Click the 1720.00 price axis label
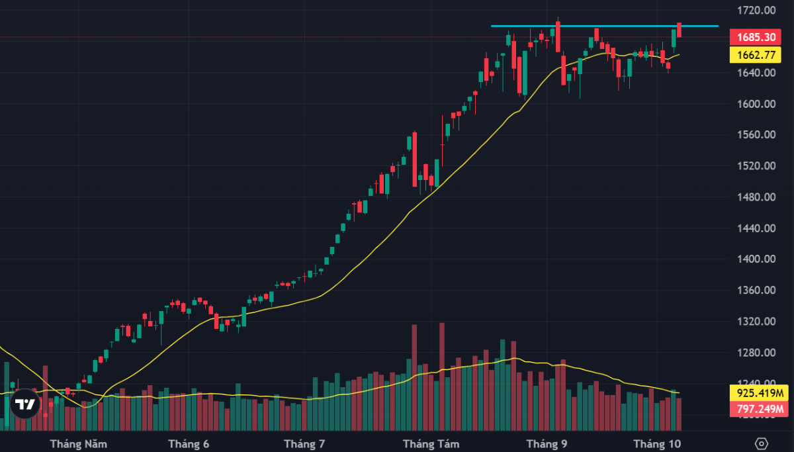pyautogui.click(x=757, y=11)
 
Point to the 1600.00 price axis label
pyautogui.click(x=757, y=104)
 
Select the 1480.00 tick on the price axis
pyautogui.click(x=757, y=197)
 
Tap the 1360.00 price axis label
pyautogui.click(x=757, y=291)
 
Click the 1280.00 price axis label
pyautogui.click(x=757, y=353)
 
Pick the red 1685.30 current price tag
pyautogui.click(x=753, y=37)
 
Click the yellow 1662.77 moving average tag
pyautogui.click(x=753, y=55)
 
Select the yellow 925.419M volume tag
pyautogui.click(x=753, y=393)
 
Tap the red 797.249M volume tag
pyautogui.click(x=753, y=410)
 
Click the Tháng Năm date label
pyautogui.click(x=79, y=443)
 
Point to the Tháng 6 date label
pyautogui.click(x=189, y=443)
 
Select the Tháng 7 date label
pyautogui.click(x=304, y=443)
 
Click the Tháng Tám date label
pyautogui.click(x=431, y=443)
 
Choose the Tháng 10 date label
pyautogui.click(x=657, y=443)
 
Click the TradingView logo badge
pyautogui.click(x=25, y=404)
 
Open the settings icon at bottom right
pyautogui.click(x=762, y=443)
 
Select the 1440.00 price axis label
pyautogui.click(x=757, y=228)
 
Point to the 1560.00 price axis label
pyautogui.click(x=757, y=135)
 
